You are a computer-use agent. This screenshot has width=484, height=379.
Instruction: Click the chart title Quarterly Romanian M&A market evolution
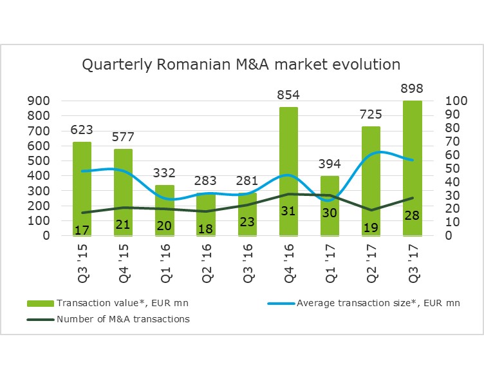click(241, 65)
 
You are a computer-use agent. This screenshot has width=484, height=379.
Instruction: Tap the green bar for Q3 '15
click(82, 187)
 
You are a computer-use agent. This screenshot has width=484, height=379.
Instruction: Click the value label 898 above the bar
click(411, 89)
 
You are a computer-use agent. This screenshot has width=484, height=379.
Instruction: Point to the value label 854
click(288, 95)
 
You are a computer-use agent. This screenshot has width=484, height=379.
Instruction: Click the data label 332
click(164, 173)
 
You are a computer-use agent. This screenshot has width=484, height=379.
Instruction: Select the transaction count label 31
click(288, 211)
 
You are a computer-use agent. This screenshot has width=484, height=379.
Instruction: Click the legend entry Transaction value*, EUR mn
click(109, 304)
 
